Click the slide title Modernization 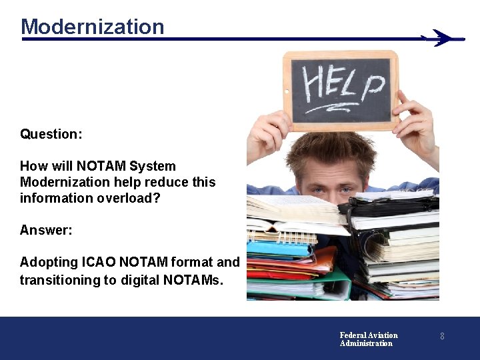[92, 27]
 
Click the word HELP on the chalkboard [343, 85]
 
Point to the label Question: [51, 134]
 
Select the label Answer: [46, 230]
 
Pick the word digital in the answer [145, 280]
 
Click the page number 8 [441, 337]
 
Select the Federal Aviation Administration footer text [368, 339]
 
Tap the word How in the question [33, 166]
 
